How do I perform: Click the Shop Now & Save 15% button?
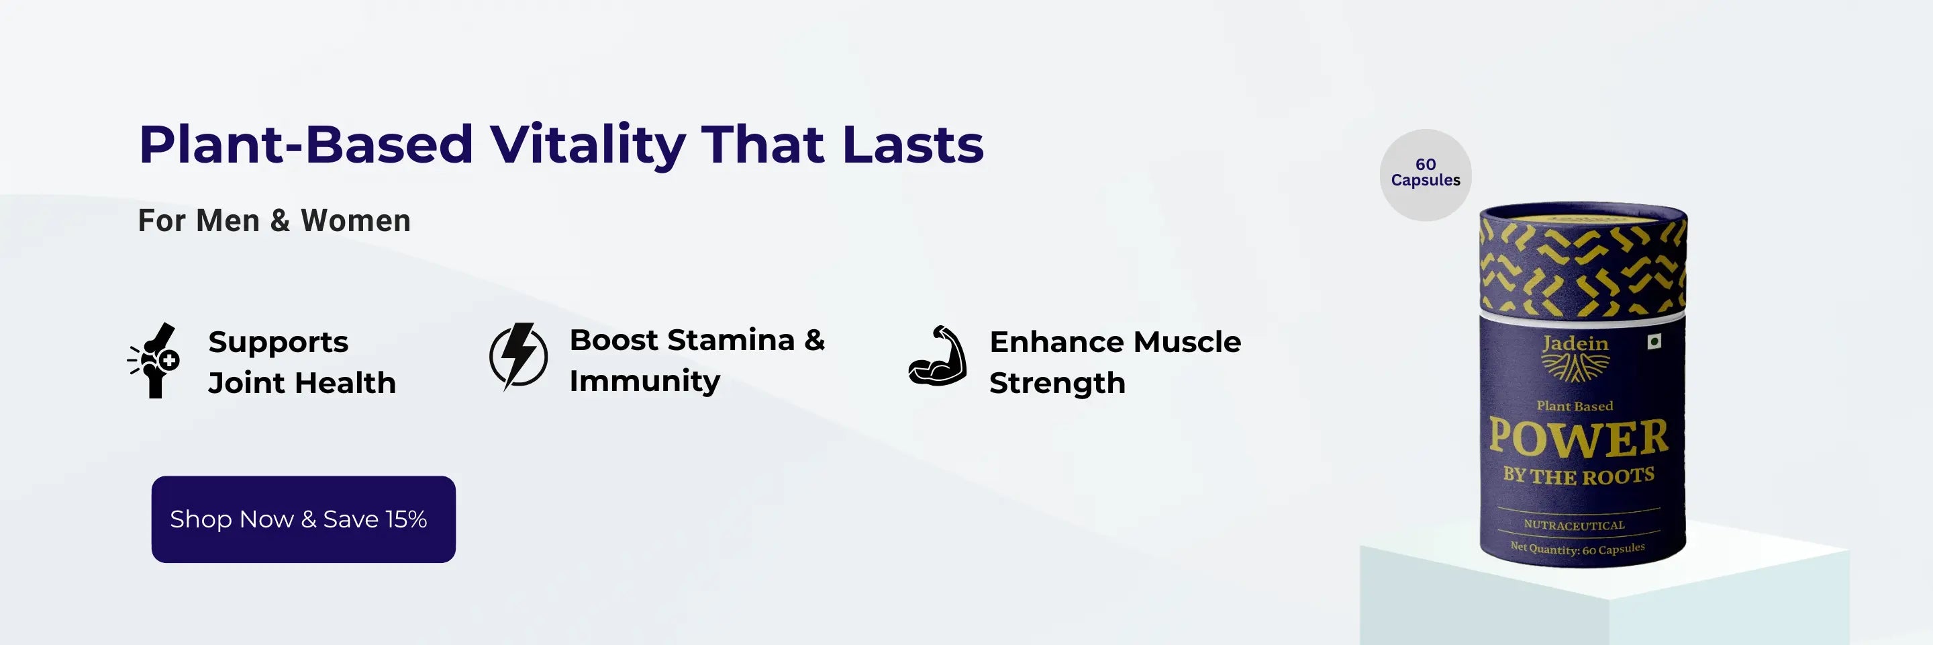click(303, 519)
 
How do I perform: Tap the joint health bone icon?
click(154, 360)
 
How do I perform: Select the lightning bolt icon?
click(517, 357)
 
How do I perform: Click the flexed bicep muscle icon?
click(937, 356)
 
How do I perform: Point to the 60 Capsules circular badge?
click(1425, 174)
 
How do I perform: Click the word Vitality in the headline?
click(587, 144)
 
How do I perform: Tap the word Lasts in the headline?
click(913, 144)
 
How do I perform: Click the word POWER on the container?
click(1579, 438)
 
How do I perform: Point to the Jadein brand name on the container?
click(1575, 343)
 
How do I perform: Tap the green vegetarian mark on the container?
click(1654, 341)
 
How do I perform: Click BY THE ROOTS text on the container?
click(1579, 475)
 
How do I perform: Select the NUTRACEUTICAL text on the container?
click(1575, 525)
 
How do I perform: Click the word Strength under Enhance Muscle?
click(1057, 383)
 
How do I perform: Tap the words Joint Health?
click(301, 383)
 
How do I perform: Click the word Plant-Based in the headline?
click(306, 144)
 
